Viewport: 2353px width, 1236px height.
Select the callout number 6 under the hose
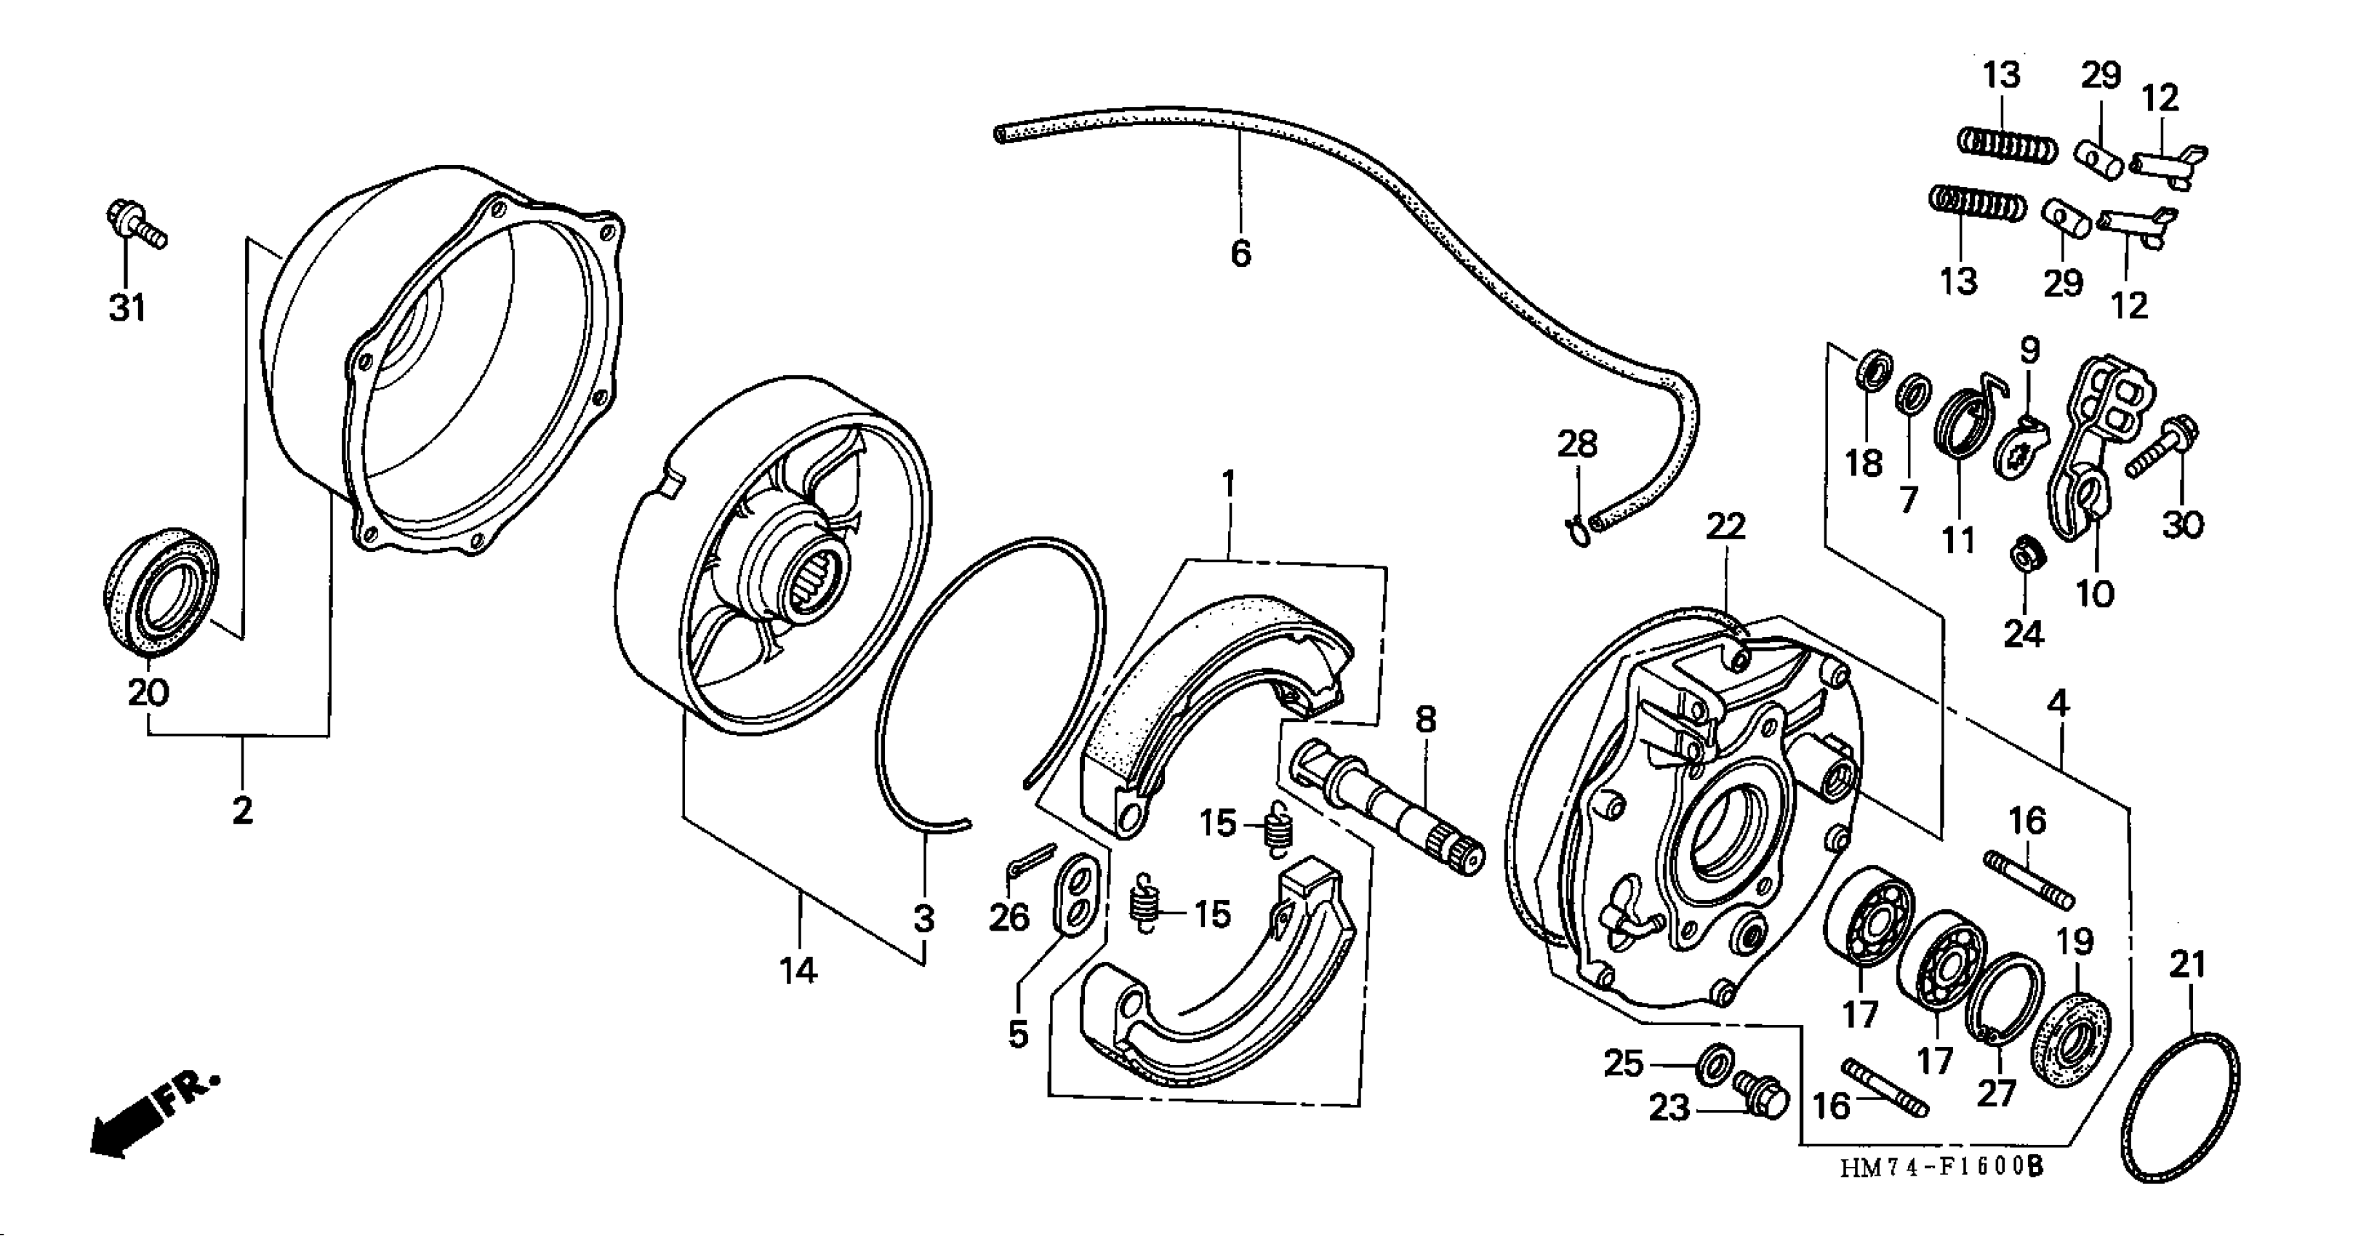tap(1240, 254)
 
